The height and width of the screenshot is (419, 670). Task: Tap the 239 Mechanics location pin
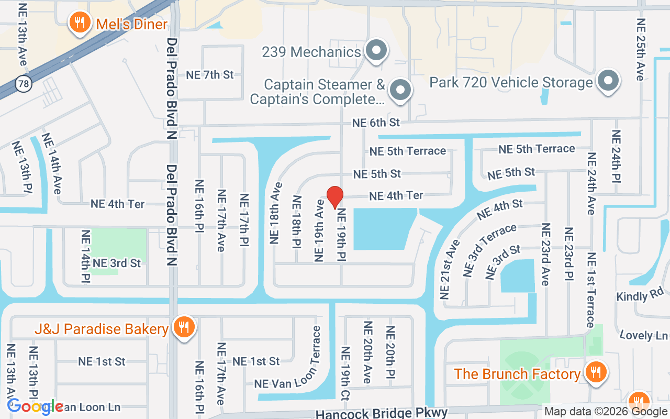click(375, 51)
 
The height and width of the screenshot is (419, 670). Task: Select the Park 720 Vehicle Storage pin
click(608, 81)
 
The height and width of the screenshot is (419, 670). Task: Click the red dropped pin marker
click(334, 197)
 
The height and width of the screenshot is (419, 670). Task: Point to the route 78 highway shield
click(23, 83)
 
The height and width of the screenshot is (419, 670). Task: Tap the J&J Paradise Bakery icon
click(184, 328)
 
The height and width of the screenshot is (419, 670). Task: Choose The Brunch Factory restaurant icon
click(595, 372)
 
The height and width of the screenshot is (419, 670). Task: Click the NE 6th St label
click(376, 123)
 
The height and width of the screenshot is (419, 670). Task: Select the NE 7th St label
click(210, 75)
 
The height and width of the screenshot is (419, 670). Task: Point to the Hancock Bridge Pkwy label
click(381, 413)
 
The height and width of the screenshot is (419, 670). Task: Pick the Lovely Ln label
click(643, 335)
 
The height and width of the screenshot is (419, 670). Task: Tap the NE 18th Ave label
click(276, 213)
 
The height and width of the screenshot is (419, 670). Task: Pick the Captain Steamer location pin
click(400, 90)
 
